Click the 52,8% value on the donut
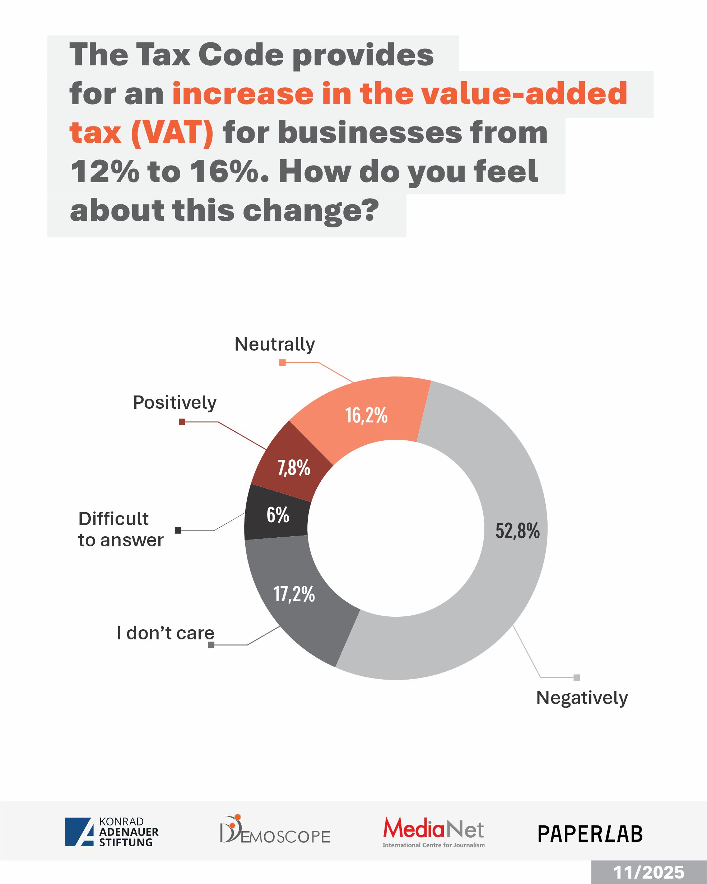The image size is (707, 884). (517, 531)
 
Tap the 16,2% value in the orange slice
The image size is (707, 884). (366, 415)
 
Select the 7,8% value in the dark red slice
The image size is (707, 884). (293, 468)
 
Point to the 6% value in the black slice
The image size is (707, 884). (278, 515)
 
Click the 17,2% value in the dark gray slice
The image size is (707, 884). (294, 594)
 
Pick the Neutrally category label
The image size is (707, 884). (275, 344)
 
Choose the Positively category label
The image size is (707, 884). (175, 403)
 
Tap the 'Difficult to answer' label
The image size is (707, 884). (121, 529)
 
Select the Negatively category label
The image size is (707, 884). (582, 698)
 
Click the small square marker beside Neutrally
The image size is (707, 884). (282, 362)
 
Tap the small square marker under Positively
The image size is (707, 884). (182, 422)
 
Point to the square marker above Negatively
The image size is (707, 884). (577, 678)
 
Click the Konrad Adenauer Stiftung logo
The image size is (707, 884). (111, 832)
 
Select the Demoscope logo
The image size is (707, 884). (275, 829)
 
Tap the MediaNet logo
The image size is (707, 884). (434, 831)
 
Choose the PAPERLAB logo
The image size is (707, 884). (590, 834)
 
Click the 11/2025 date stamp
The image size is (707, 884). (649, 872)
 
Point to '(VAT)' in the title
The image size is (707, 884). (172, 133)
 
